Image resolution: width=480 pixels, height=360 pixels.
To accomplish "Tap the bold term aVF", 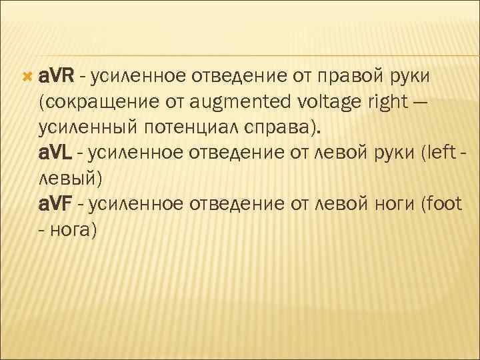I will pos(56,203).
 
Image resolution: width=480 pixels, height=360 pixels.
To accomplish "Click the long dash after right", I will pos(421,104).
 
